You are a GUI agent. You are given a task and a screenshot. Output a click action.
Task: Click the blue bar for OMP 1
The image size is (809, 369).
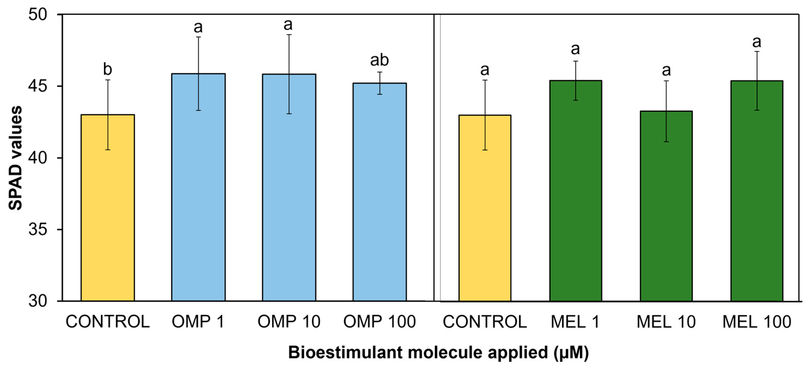198,189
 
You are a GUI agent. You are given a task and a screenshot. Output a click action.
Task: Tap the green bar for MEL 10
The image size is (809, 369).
666,207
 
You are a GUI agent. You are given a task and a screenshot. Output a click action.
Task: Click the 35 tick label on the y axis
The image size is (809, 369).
38,229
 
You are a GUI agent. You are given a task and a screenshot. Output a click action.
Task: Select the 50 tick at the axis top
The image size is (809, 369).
38,14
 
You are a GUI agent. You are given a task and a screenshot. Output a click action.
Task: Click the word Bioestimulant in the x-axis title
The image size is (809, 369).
345,352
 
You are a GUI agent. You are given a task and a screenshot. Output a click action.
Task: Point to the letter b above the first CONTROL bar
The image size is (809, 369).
107,69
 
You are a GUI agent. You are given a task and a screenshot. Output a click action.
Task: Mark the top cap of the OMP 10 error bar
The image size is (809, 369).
289,35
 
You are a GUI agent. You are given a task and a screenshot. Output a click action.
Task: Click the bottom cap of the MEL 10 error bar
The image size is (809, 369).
666,142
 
